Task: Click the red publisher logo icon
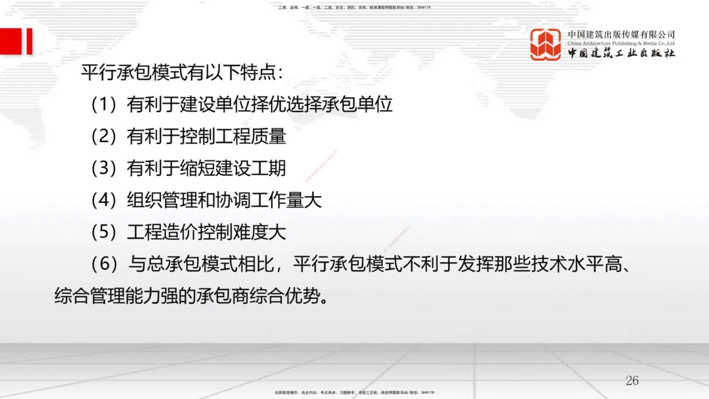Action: [x=545, y=44]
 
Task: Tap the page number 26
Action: [x=632, y=381]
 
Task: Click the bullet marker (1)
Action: [x=104, y=105]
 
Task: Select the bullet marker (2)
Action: [x=104, y=136]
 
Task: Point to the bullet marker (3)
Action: [x=104, y=168]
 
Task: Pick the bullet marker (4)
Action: [x=104, y=200]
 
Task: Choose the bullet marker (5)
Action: [x=104, y=232]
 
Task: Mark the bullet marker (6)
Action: [x=104, y=264]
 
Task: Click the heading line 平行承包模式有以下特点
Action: [x=182, y=73]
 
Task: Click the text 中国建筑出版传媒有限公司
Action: [x=621, y=34]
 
